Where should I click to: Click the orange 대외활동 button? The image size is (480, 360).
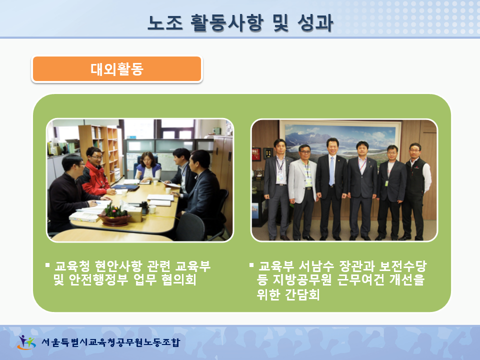tap(117, 69)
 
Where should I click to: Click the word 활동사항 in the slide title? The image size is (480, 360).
tap(227, 22)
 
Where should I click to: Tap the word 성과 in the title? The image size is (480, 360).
tap(315, 22)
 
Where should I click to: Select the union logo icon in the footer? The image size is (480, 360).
tap(26, 342)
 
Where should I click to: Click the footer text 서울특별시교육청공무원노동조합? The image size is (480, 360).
tap(110, 342)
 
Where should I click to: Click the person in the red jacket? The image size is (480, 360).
tap(95, 172)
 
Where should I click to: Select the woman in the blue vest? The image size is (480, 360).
tap(148, 166)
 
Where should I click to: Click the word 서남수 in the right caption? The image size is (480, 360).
tap(316, 266)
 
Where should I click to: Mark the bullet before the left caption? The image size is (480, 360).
tap(47, 265)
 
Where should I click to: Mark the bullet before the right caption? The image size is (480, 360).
tap(251, 265)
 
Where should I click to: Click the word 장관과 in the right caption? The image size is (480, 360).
tap(357, 266)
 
